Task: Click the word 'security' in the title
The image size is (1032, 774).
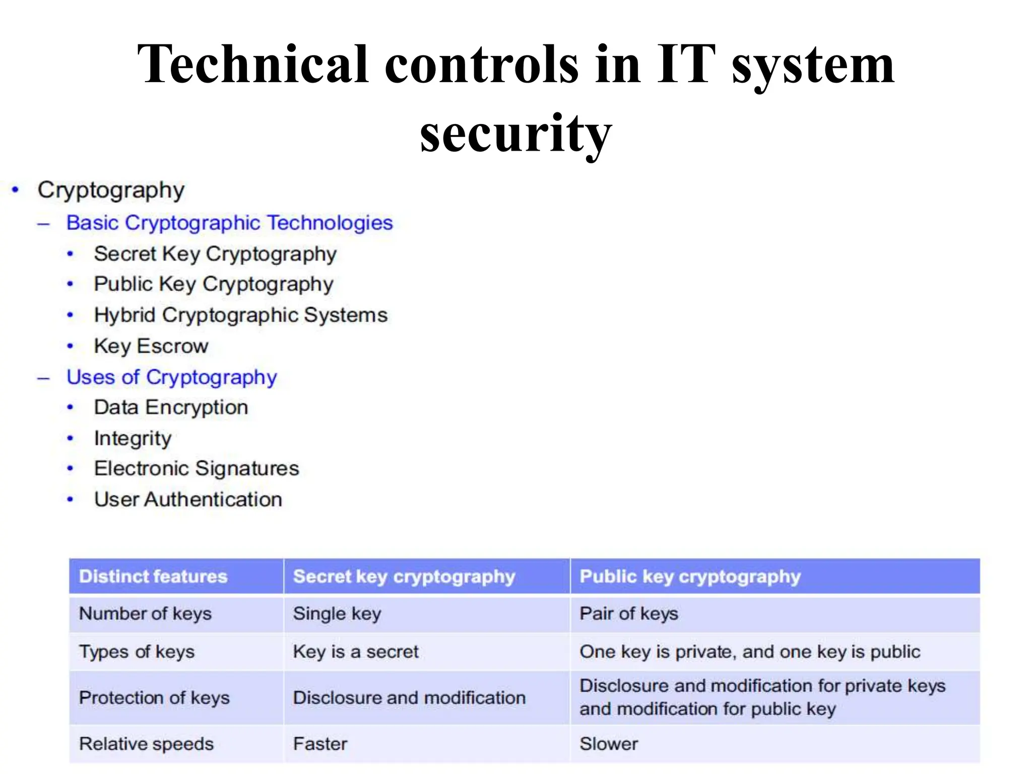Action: coord(515,133)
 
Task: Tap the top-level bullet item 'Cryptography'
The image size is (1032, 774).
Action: coord(111,190)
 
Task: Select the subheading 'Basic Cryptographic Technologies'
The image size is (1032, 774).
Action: coord(229,223)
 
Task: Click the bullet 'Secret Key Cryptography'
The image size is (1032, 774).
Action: coord(215,254)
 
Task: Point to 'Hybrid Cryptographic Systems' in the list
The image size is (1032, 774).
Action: coord(241,315)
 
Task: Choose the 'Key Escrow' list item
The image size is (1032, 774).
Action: coord(151,346)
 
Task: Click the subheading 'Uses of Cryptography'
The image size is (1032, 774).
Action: coord(172,377)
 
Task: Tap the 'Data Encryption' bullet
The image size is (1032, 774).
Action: coord(171,408)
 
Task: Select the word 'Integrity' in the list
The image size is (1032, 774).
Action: coord(133,438)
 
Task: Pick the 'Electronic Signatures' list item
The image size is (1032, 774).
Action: coord(197,469)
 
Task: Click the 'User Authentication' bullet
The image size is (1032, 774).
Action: coord(188,500)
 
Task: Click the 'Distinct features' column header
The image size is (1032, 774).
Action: coord(153,576)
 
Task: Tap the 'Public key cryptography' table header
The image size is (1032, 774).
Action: coord(690,576)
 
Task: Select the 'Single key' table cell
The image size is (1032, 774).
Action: coord(337,614)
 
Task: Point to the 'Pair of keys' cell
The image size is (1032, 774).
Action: coord(628,614)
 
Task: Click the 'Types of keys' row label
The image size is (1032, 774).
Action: coord(137,652)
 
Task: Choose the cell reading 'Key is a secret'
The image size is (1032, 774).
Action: coord(356,652)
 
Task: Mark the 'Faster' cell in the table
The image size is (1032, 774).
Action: coord(320,744)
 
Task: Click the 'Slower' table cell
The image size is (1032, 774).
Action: coord(609,744)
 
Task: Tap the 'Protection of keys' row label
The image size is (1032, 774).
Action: coord(154,698)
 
